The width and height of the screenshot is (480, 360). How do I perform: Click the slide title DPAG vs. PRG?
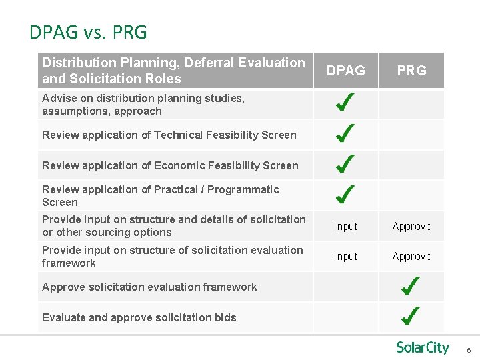[x=88, y=32]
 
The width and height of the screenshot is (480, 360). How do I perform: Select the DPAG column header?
[x=345, y=70]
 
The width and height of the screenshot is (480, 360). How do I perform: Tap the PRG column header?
[x=411, y=70]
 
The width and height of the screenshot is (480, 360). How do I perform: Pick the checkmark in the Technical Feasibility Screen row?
[x=345, y=133]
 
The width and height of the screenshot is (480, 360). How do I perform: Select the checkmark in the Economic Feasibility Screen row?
[x=345, y=164]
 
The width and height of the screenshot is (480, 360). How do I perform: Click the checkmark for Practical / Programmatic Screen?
[x=345, y=195]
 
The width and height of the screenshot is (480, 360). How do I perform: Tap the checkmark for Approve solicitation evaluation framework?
[x=411, y=287]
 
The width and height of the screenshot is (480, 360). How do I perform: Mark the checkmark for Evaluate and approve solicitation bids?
[x=411, y=316]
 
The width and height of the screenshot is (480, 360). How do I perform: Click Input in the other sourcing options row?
[x=345, y=226]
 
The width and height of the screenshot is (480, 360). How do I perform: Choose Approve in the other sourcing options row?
[x=411, y=226]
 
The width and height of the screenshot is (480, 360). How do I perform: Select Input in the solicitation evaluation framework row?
[x=345, y=256]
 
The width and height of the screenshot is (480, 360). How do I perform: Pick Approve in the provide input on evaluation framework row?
[x=411, y=256]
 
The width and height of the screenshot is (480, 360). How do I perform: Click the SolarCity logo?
[x=423, y=347]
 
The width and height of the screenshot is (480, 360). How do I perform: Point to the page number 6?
[x=469, y=351]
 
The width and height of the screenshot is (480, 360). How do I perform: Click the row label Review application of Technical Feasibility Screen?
[x=169, y=135]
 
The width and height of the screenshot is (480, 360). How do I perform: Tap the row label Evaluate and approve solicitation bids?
[x=139, y=317]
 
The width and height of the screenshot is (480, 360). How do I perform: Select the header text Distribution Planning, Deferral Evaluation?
[x=173, y=63]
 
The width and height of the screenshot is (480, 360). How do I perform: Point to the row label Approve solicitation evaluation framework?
[x=149, y=287]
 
